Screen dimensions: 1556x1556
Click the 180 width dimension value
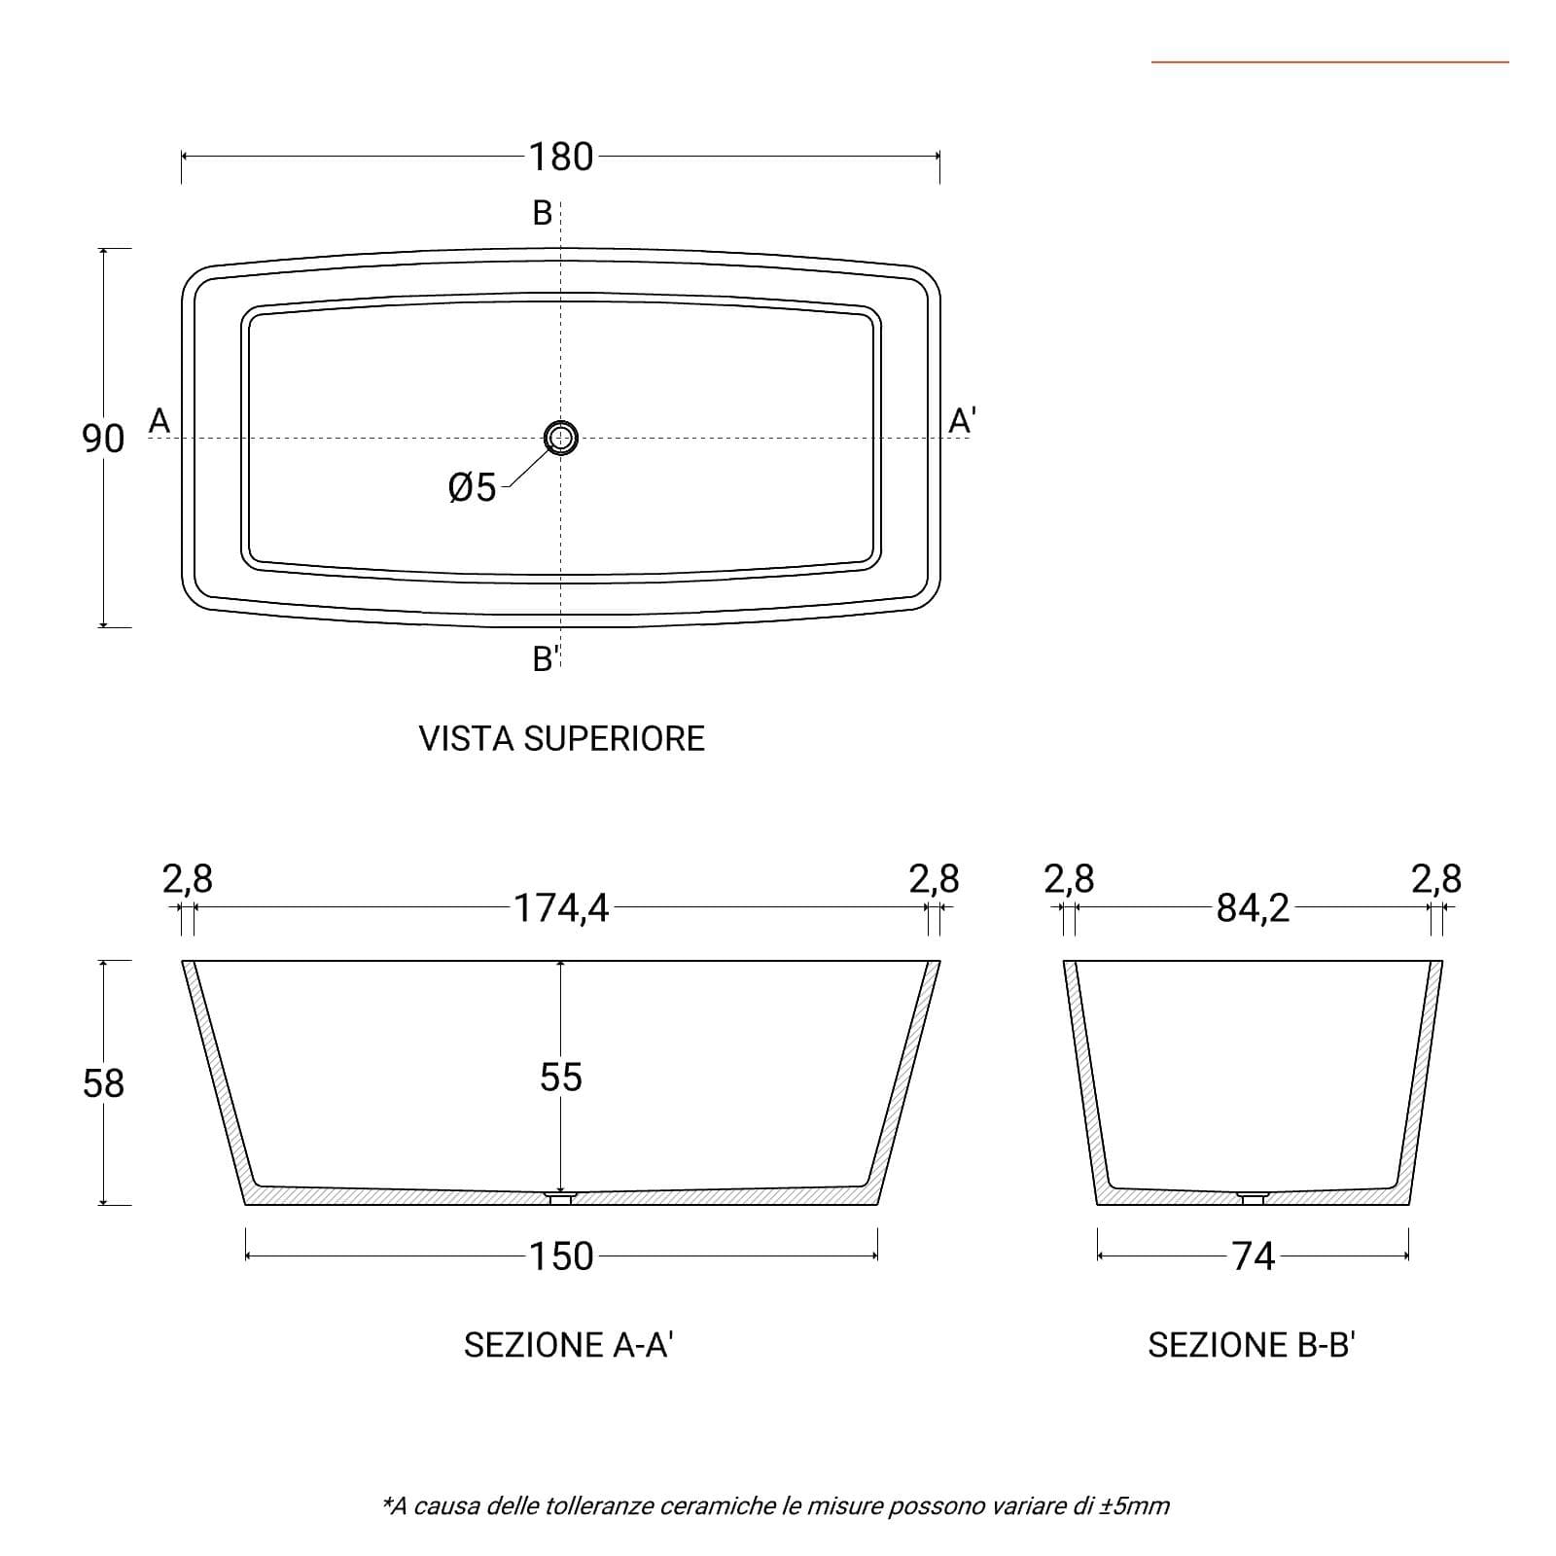561,157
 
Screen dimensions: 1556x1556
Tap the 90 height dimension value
103,439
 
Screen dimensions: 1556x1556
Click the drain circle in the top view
561,438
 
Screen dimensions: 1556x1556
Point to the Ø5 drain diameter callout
473,487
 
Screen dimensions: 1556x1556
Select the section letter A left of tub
159,421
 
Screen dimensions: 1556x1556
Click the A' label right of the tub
962,421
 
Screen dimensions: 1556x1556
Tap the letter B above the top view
543,212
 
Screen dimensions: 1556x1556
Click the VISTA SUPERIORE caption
562,739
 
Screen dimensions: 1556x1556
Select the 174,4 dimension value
561,908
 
